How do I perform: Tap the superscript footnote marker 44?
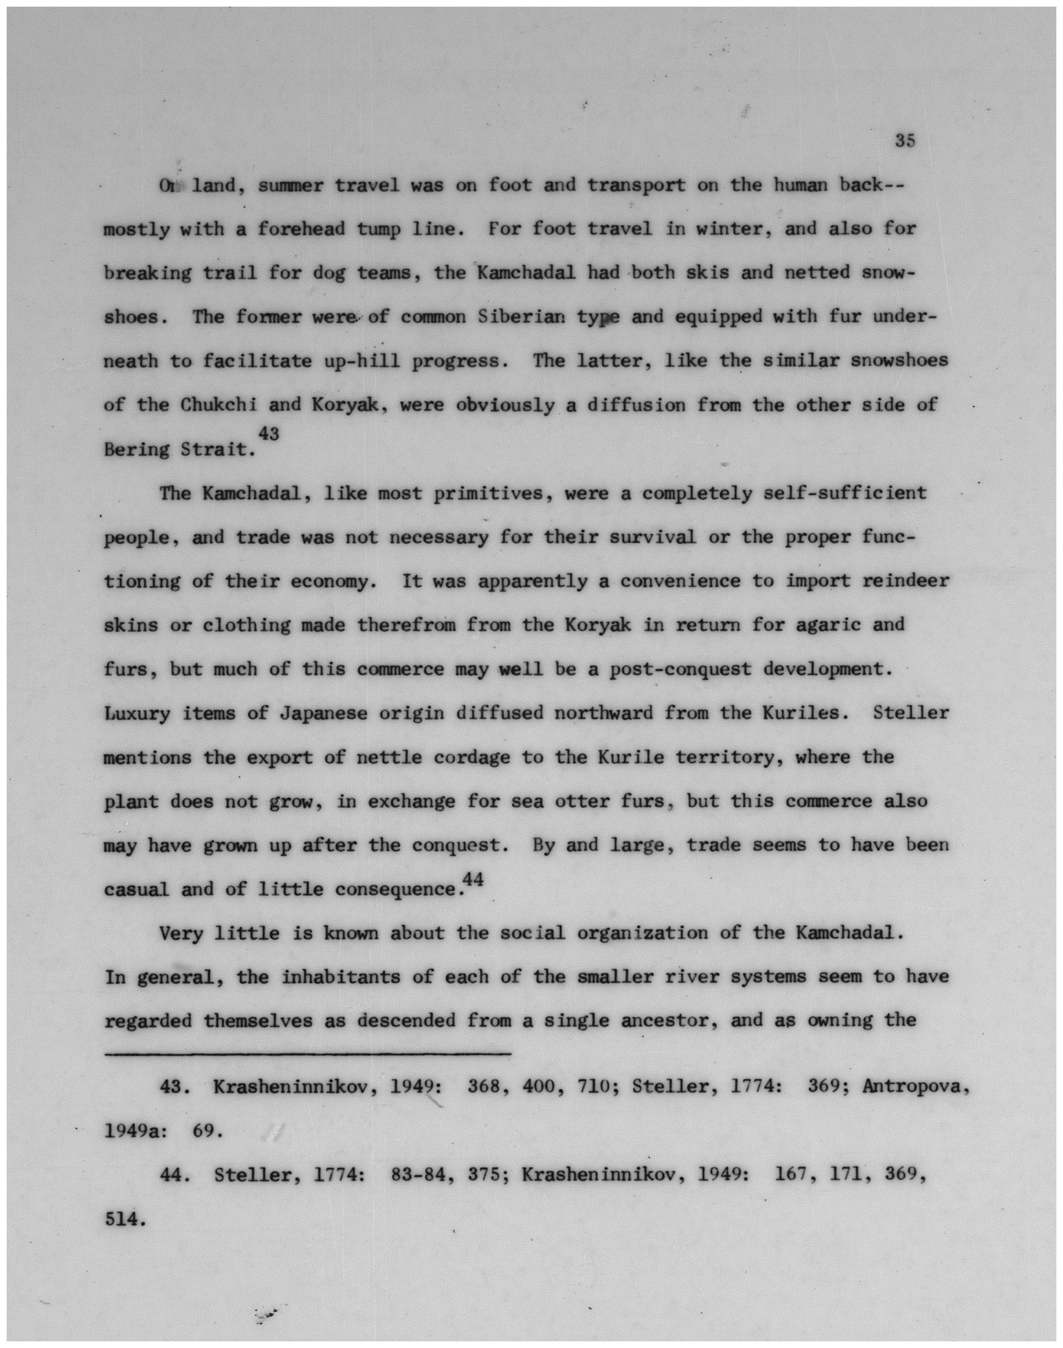473,880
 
